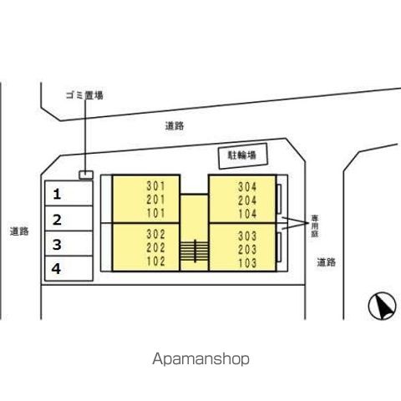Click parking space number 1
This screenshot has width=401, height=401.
click(x=69, y=193)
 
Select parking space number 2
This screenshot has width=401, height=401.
click(x=69, y=219)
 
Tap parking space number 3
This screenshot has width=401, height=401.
click(x=69, y=243)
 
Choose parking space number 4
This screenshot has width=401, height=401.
click(x=69, y=268)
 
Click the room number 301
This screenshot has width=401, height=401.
click(x=155, y=186)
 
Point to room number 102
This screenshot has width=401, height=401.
click(x=155, y=261)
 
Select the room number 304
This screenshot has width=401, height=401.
click(x=247, y=187)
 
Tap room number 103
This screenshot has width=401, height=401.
click(x=247, y=263)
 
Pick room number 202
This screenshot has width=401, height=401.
click(x=155, y=248)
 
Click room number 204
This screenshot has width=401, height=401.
click(x=247, y=200)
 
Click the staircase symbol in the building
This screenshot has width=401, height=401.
click(x=195, y=251)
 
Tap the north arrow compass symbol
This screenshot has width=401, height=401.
click(x=382, y=307)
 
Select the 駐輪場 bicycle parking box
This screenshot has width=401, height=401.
click(x=243, y=156)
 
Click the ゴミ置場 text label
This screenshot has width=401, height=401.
click(x=84, y=95)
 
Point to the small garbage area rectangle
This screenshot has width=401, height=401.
click(x=86, y=175)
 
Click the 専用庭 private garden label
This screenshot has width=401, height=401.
click(x=315, y=226)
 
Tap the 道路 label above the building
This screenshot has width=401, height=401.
click(x=175, y=126)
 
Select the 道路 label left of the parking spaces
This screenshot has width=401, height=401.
click(x=19, y=231)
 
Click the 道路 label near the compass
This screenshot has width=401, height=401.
click(x=327, y=262)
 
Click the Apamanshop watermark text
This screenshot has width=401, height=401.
click(x=200, y=359)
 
